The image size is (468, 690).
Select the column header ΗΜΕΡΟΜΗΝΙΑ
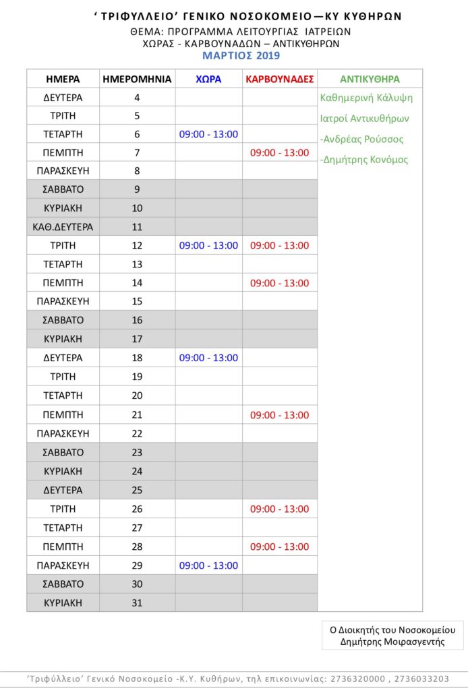click(137, 79)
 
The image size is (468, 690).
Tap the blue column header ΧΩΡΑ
click(208, 79)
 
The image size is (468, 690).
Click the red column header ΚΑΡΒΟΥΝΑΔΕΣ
click(280, 79)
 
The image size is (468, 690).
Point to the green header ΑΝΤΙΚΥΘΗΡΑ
click(370, 77)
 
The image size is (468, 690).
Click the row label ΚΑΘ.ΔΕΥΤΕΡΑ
click(63, 227)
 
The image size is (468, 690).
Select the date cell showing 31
click(137, 602)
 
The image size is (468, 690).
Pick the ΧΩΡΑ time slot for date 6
click(208, 134)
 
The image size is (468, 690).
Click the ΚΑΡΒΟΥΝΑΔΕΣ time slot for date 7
click(279, 153)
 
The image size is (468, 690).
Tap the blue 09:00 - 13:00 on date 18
click(208, 358)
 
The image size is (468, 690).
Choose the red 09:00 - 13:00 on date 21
click(279, 415)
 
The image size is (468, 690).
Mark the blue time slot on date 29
click(208, 565)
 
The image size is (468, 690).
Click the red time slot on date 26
click(279, 509)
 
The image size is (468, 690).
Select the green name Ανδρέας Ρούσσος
click(362, 139)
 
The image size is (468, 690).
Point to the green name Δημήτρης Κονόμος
click(364, 160)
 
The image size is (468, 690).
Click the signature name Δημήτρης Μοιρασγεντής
click(392, 641)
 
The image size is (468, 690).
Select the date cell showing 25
click(137, 490)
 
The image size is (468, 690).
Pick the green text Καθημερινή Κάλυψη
click(367, 98)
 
